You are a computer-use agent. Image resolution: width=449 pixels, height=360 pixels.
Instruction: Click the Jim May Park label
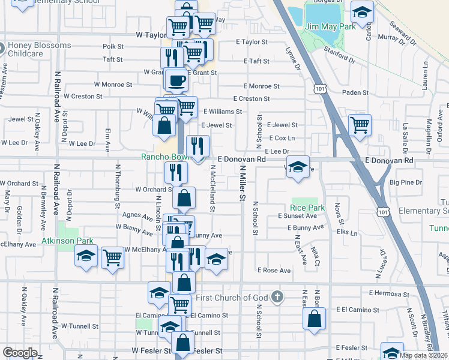click(330, 26)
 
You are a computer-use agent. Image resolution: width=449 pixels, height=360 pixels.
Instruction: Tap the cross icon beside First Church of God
click(276, 297)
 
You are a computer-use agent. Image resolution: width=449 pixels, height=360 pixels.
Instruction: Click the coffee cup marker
click(176, 79)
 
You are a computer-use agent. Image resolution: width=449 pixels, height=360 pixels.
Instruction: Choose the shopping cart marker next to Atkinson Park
click(112, 257)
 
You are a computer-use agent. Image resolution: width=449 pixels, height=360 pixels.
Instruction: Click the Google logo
click(19, 353)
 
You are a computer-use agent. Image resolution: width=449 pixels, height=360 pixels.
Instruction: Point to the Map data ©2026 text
click(423, 355)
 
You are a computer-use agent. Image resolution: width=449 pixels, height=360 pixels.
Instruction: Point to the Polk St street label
click(113, 46)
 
